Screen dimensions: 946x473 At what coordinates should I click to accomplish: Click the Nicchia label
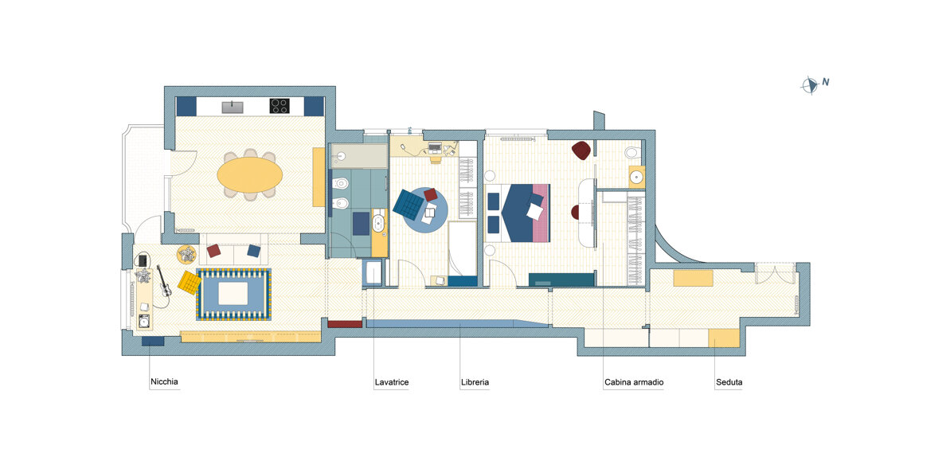165,382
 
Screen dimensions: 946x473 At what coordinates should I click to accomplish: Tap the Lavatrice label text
392,382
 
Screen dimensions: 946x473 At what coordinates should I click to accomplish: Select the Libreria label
475,382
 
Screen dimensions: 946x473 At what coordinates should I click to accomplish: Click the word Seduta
729,382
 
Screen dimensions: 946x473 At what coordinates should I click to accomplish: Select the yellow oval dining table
250,175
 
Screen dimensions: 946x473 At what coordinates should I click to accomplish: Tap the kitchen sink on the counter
233,107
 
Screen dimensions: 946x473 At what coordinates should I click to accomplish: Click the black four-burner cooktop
279,106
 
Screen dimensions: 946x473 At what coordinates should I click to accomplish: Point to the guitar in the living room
163,281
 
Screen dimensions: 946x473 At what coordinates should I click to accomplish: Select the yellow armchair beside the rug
190,283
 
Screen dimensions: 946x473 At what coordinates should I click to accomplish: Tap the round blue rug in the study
425,210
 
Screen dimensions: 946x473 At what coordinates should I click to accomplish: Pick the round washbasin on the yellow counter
636,177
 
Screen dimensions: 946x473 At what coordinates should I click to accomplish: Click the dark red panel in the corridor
345,324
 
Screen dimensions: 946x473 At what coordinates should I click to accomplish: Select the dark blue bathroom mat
361,223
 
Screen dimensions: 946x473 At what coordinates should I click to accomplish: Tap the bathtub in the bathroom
359,156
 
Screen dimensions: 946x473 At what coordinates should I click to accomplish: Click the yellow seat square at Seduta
723,338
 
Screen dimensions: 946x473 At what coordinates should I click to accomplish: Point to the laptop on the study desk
435,147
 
